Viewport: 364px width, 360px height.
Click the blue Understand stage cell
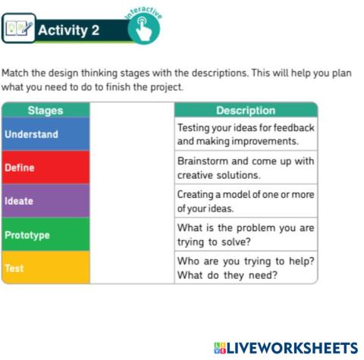coord(45,134)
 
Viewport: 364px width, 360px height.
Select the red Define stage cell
coord(45,167)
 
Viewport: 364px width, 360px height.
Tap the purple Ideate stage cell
coord(45,201)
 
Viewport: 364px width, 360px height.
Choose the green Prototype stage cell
coord(45,234)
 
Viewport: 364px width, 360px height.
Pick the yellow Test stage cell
coord(45,268)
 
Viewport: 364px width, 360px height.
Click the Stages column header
coord(45,111)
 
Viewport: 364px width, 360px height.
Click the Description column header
coord(246,111)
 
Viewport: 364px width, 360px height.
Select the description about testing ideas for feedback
coord(246,134)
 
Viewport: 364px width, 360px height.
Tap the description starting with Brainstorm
coord(246,167)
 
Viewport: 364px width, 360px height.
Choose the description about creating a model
coord(246,201)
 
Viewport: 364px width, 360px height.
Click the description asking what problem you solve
coord(246,234)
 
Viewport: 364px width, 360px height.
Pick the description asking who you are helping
coord(246,268)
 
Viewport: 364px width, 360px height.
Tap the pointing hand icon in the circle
coord(143,30)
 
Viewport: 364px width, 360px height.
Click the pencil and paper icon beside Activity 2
coord(18,30)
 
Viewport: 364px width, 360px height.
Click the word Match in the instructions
coord(15,74)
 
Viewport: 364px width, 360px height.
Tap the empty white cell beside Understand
coord(132,134)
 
